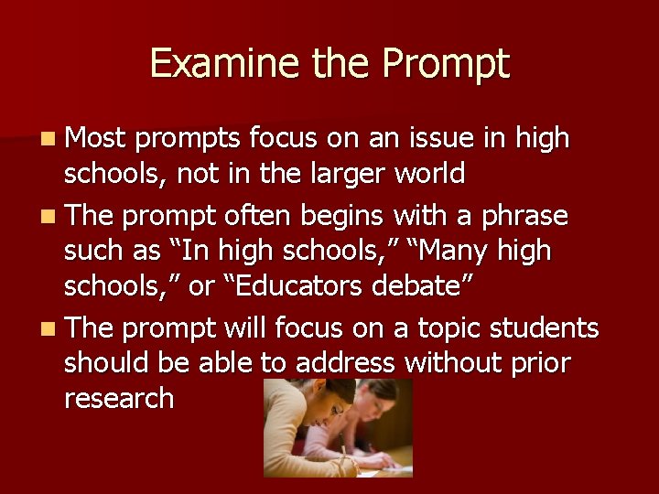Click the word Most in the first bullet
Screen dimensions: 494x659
point(97,138)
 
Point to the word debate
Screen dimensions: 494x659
point(422,285)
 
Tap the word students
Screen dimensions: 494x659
point(550,328)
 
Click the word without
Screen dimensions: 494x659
point(451,363)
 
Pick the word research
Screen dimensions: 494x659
point(119,399)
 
